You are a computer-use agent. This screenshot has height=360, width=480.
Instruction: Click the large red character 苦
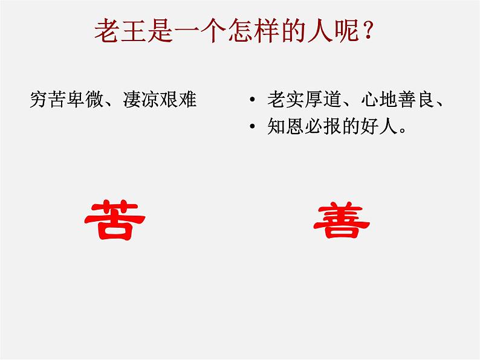click(114, 220)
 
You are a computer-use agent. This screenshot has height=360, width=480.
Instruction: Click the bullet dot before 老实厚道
click(252, 100)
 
